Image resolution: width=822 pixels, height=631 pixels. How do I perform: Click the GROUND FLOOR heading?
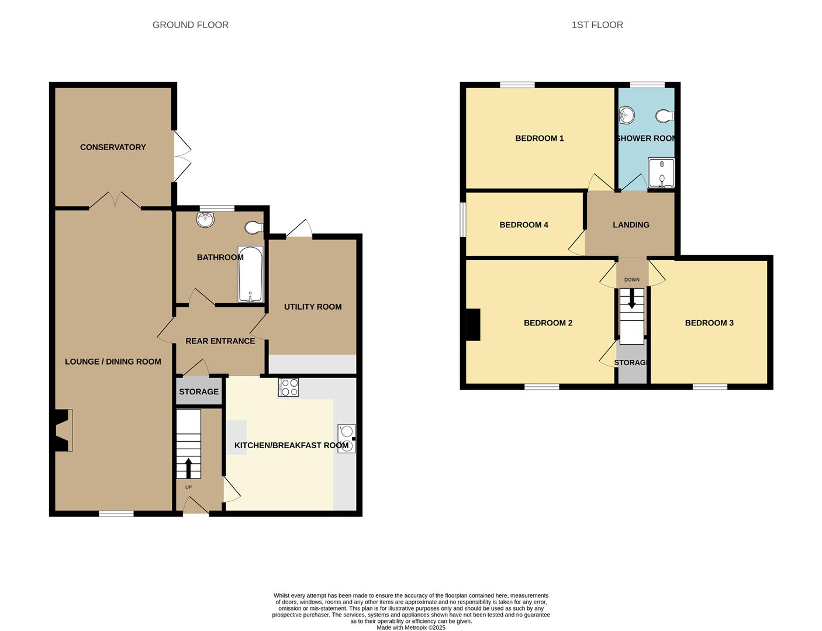190,25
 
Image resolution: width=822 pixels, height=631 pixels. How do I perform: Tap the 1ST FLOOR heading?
597,25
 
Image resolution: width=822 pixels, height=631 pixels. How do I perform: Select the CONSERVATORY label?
113,147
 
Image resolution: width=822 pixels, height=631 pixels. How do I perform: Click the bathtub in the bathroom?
250,274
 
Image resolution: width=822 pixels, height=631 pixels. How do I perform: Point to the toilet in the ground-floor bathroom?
254,227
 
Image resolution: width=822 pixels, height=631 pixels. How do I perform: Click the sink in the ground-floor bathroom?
206,220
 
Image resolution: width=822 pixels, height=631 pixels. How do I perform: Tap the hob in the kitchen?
289,387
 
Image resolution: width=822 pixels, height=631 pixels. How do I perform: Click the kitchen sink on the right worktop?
346,438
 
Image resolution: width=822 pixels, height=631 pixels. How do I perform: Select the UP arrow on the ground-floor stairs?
188,467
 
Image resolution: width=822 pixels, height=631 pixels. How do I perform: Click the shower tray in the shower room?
661,173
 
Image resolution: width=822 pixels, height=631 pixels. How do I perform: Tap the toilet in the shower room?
665,116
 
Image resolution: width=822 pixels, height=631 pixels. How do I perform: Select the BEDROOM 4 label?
524,225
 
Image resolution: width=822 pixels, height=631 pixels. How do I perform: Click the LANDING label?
631,225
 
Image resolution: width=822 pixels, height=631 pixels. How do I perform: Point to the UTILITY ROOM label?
313,307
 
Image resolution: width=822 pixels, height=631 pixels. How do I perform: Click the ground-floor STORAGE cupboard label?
199,392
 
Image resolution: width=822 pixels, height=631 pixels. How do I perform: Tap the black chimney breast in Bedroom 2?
472,324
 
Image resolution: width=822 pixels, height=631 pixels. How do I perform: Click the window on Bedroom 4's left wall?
462,220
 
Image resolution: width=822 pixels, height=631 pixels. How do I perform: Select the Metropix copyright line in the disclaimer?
410,627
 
